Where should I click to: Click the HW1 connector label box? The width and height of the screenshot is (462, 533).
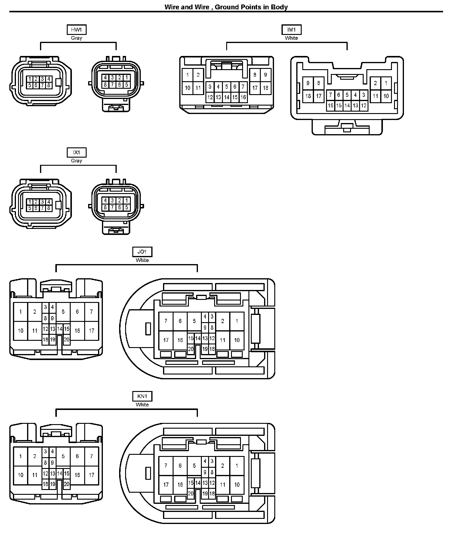[76, 30]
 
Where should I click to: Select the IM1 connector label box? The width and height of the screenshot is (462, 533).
[291, 30]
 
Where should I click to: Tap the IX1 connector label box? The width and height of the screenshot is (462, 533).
[76, 153]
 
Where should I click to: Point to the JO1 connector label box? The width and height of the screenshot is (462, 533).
[142, 252]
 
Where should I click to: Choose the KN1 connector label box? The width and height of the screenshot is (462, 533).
[142, 396]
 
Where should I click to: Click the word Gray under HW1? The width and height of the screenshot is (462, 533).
[76, 38]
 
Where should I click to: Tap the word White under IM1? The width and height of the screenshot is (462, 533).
[291, 38]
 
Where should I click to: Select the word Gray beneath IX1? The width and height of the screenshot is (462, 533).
[76, 161]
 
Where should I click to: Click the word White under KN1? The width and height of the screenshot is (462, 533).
[142, 405]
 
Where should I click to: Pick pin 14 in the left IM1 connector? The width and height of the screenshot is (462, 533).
[226, 97]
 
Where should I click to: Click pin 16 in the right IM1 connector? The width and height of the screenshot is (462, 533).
[330, 106]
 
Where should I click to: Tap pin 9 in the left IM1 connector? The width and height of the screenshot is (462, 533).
[265, 75]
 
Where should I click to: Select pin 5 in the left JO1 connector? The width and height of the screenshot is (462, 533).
[63, 312]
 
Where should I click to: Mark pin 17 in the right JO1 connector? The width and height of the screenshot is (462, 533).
[166, 340]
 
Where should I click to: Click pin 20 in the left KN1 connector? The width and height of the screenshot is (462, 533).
[66, 484]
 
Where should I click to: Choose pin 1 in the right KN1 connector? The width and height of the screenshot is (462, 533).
[237, 466]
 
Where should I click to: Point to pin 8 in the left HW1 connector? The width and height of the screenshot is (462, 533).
[49, 85]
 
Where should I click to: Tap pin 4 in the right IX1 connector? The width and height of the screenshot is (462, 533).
[105, 200]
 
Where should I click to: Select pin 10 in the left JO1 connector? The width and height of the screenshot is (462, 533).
[20, 331]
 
